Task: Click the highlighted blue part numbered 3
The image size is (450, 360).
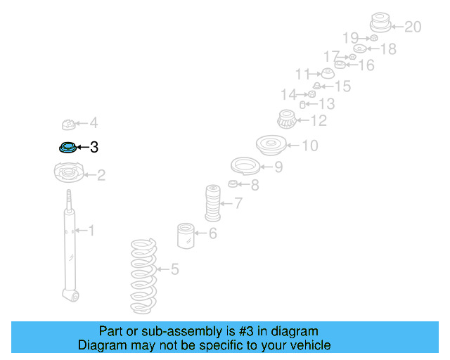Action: [x=67, y=148]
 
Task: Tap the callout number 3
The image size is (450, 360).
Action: [x=94, y=148]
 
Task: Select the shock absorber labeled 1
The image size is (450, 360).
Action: [x=69, y=246]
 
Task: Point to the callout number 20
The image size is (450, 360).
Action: [x=412, y=27]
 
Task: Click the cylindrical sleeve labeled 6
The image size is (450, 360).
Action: [x=186, y=236]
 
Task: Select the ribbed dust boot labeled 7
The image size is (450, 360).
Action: [x=212, y=202]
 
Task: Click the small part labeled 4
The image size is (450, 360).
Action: [x=69, y=125]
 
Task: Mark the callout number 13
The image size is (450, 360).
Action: [x=326, y=104]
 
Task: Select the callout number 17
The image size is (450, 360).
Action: [x=331, y=56]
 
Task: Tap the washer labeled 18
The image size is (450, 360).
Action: [x=359, y=49]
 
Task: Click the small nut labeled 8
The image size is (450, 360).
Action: [x=234, y=184]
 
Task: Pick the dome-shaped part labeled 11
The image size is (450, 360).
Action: [x=327, y=75]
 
